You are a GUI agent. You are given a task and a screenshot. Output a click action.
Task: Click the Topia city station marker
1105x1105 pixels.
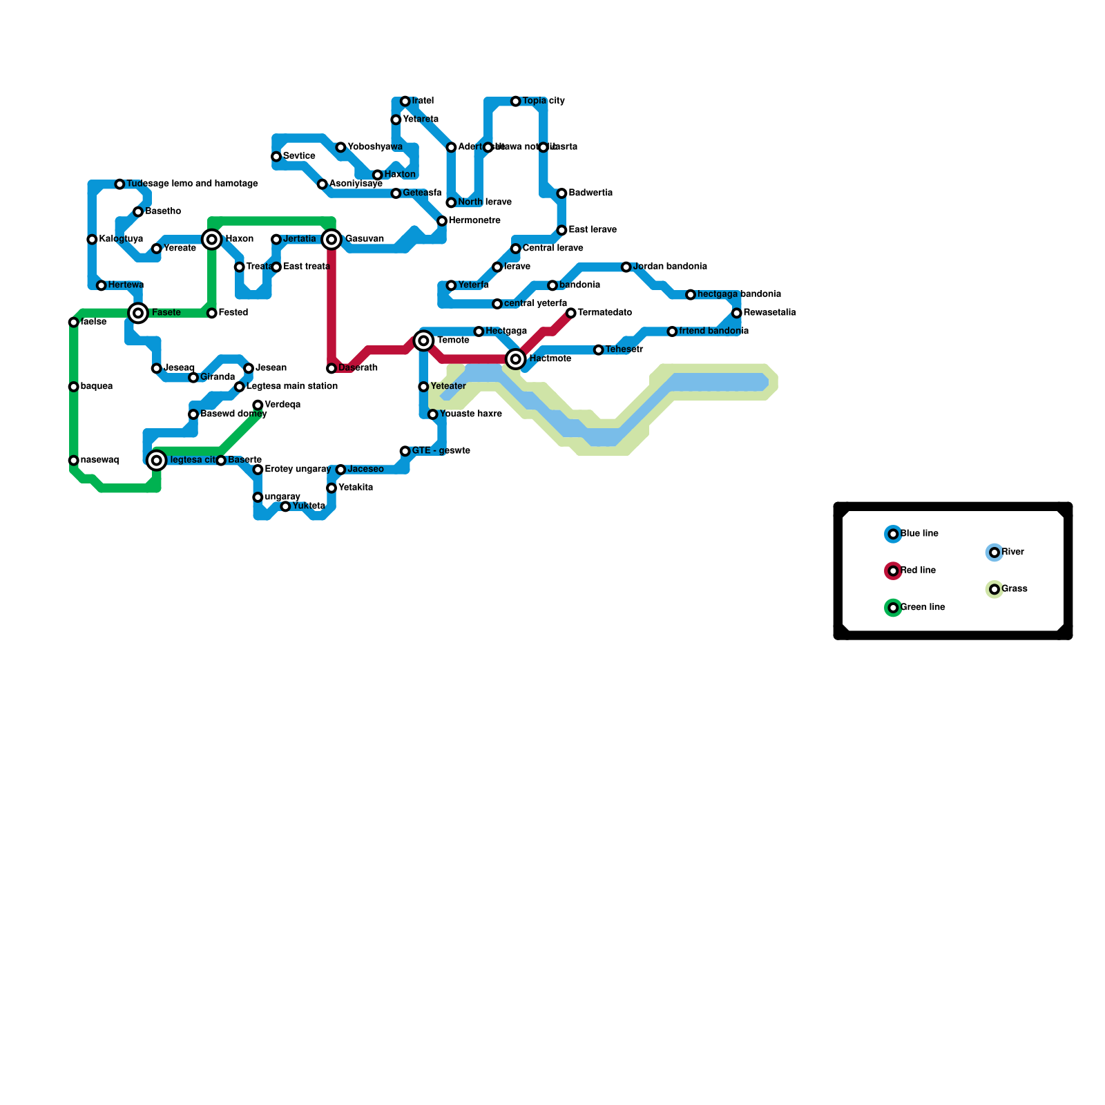tap(516, 102)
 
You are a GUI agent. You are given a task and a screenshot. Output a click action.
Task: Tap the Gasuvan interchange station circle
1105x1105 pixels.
tap(332, 240)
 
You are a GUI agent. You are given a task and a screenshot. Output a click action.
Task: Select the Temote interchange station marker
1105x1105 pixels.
tap(424, 340)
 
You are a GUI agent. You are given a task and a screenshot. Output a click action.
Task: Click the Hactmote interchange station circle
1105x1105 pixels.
tap(516, 359)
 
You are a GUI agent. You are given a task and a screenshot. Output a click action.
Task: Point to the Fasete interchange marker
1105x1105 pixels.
tap(139, 313)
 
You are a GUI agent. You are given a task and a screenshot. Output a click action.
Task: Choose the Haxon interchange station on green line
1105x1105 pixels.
tap(212, 240)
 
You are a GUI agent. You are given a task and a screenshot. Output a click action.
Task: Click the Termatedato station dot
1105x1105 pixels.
tap(571, 314)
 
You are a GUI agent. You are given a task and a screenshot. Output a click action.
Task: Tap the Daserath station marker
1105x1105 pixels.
tap(332, 369)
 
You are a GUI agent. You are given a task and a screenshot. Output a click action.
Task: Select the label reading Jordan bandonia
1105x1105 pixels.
tap(669, 267)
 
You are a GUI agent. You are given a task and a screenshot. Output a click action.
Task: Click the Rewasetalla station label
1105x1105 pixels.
tap(769, 313)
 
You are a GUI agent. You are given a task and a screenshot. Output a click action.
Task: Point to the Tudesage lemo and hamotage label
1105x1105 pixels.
tap(192, 184)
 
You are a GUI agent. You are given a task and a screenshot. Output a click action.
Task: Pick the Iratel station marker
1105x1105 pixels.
tap(405, 102)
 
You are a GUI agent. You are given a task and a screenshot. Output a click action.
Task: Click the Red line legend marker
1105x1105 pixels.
tap(893, 571)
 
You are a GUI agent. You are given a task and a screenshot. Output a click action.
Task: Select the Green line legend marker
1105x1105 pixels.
tap(893, 608)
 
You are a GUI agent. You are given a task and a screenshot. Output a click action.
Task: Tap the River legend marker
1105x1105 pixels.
tap(995, 552)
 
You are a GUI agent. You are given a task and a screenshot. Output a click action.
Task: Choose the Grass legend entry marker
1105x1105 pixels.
tap(995, 590)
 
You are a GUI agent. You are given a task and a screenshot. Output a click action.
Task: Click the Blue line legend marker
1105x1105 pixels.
tap(893, 534)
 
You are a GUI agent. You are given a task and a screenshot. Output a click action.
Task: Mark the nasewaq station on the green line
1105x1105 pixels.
tap(74, 461)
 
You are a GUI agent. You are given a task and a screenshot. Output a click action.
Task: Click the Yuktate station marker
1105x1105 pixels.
tap(286, 507)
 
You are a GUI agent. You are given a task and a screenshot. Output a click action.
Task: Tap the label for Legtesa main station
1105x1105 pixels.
tap(291, 387)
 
